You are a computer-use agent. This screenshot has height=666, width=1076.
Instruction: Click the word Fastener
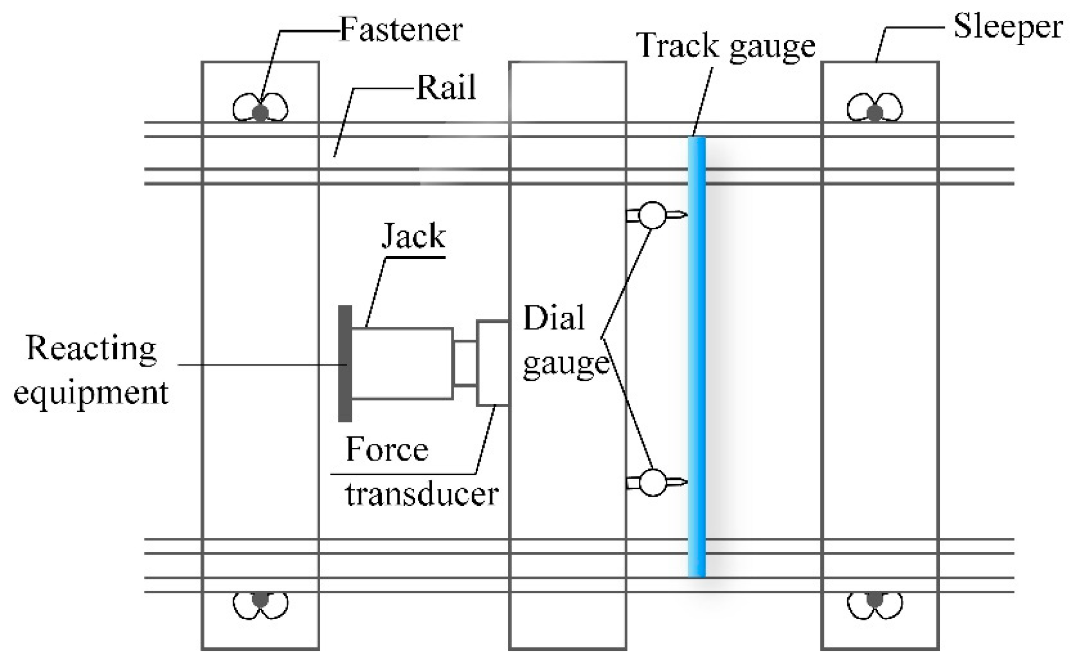[401, 29]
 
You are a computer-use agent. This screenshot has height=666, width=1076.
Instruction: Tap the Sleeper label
[1008, 26]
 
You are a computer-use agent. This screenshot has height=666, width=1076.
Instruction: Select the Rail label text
[446, 88]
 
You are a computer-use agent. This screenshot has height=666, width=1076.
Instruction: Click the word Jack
[413, 236]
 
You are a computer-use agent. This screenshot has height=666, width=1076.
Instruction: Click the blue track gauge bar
[697, 356]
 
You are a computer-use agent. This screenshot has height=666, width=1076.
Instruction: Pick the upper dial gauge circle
[652, 215]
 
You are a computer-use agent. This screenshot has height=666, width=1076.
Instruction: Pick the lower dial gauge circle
[652, 482]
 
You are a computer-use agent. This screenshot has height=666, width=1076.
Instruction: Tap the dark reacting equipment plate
[345, 364]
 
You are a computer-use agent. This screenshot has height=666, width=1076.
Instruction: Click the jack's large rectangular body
[402, 363]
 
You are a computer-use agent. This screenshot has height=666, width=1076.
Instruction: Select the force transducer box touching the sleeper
[492, 363]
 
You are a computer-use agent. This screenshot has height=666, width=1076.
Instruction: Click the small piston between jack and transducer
[465, 364]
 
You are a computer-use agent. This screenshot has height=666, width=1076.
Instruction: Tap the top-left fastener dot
[260, 112]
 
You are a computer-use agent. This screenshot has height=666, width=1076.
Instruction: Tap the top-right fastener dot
[874, 112]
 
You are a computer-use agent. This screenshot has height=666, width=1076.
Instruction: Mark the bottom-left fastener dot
[260, 599]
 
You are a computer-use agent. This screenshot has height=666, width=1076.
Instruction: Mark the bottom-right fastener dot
[874, 599]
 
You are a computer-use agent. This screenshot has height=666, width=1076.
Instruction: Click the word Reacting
[91, 349]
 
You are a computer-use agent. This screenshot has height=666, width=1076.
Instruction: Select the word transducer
[422, 494]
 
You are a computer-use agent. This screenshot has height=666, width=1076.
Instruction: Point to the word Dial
[554, 319]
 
